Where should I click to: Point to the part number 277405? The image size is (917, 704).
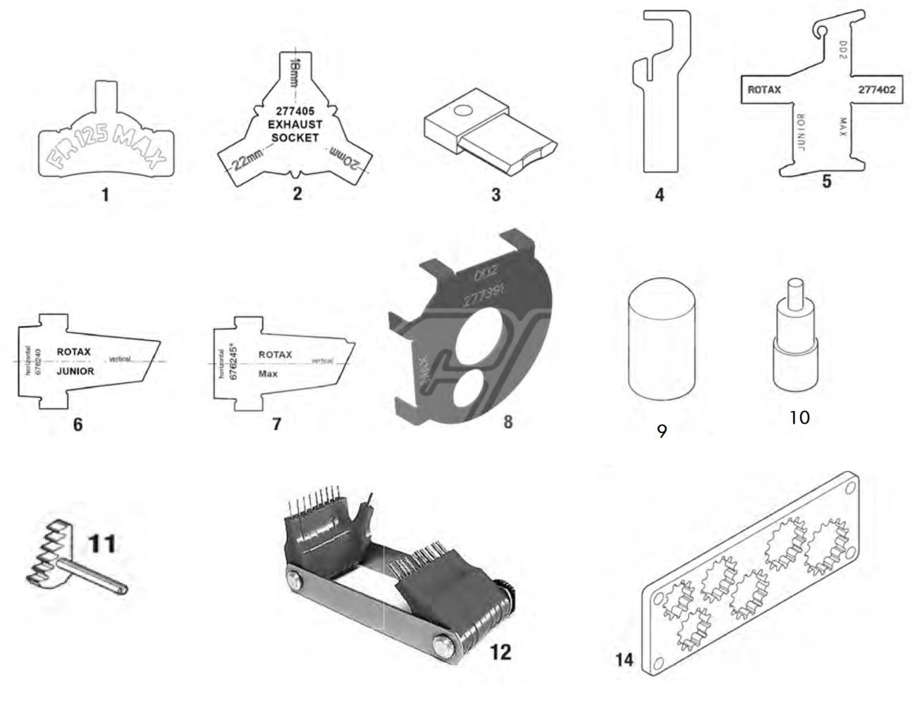pyautogui.click(x=295, y=111)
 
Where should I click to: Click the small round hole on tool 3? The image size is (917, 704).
pyautogui.click(x=462, y=111)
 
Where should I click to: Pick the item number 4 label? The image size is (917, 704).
pyautogui.click(x=660, y=194)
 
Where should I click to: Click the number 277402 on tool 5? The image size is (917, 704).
pyautogui.click(x=876, y=90)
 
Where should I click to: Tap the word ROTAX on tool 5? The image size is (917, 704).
pyautogui.click(x=763, y=90)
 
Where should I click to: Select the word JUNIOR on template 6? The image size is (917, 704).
pyautogui.click(x=75, y=371)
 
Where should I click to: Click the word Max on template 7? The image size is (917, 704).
pyautogui.click(x=268, y=374)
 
